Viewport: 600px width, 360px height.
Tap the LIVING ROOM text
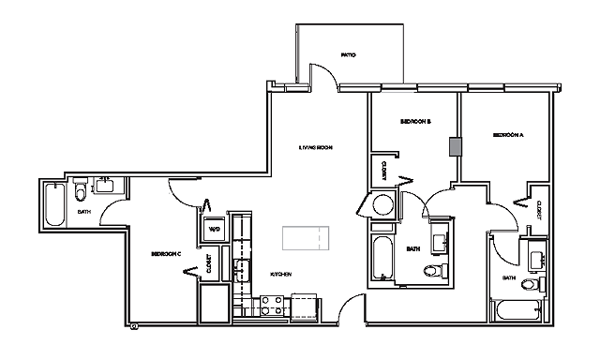coord(317,148)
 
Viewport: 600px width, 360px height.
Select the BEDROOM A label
coord(507,136)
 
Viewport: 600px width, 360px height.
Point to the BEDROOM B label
coord(414,122)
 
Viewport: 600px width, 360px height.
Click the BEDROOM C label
coord(166,253)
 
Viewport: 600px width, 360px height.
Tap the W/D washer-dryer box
coord(213,229)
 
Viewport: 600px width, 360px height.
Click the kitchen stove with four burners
coord(272,305)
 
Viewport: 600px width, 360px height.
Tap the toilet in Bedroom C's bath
coord(81,193)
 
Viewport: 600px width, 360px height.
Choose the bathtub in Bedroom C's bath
coord(54,205)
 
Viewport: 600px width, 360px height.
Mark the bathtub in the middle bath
coord(382,258)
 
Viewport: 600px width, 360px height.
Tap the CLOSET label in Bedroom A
coord(540,210)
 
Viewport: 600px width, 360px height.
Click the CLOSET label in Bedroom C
coord(208,265)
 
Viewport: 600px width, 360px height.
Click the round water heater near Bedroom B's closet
coord(382,206)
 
